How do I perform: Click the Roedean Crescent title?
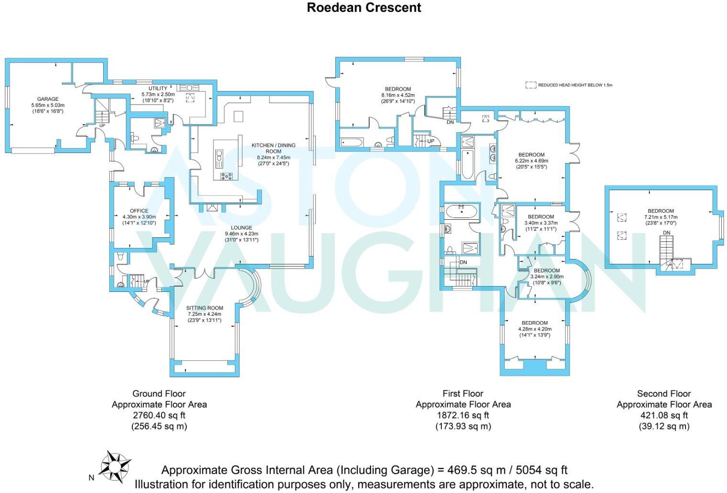[364, 8]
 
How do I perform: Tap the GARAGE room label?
[48, 99]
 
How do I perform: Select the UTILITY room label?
[158, 88]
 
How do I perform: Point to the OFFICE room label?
[139, 211]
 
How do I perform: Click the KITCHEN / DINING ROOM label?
[274, 148]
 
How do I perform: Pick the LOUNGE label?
[242, 227]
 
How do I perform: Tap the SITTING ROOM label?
[204, 308]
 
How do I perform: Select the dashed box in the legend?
[531, 85]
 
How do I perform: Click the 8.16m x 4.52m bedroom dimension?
[398, 95]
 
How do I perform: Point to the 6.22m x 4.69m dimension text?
[532, 161]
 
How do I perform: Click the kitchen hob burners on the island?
[227, 176]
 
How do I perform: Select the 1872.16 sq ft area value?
[463, 415]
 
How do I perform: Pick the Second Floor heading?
[664, 394]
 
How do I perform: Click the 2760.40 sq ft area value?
[159, 415]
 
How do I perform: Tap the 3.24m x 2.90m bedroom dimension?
[547, 277]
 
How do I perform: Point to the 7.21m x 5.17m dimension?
[661, 217]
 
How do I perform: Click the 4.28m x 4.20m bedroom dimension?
[535, 329]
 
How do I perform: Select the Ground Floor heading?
[159, 394]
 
